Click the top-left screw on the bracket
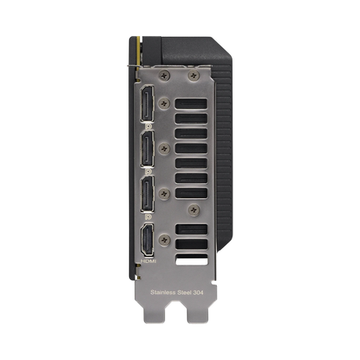coord(163,75)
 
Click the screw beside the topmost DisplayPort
coord(164,102)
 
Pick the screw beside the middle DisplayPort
coord(164,146)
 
